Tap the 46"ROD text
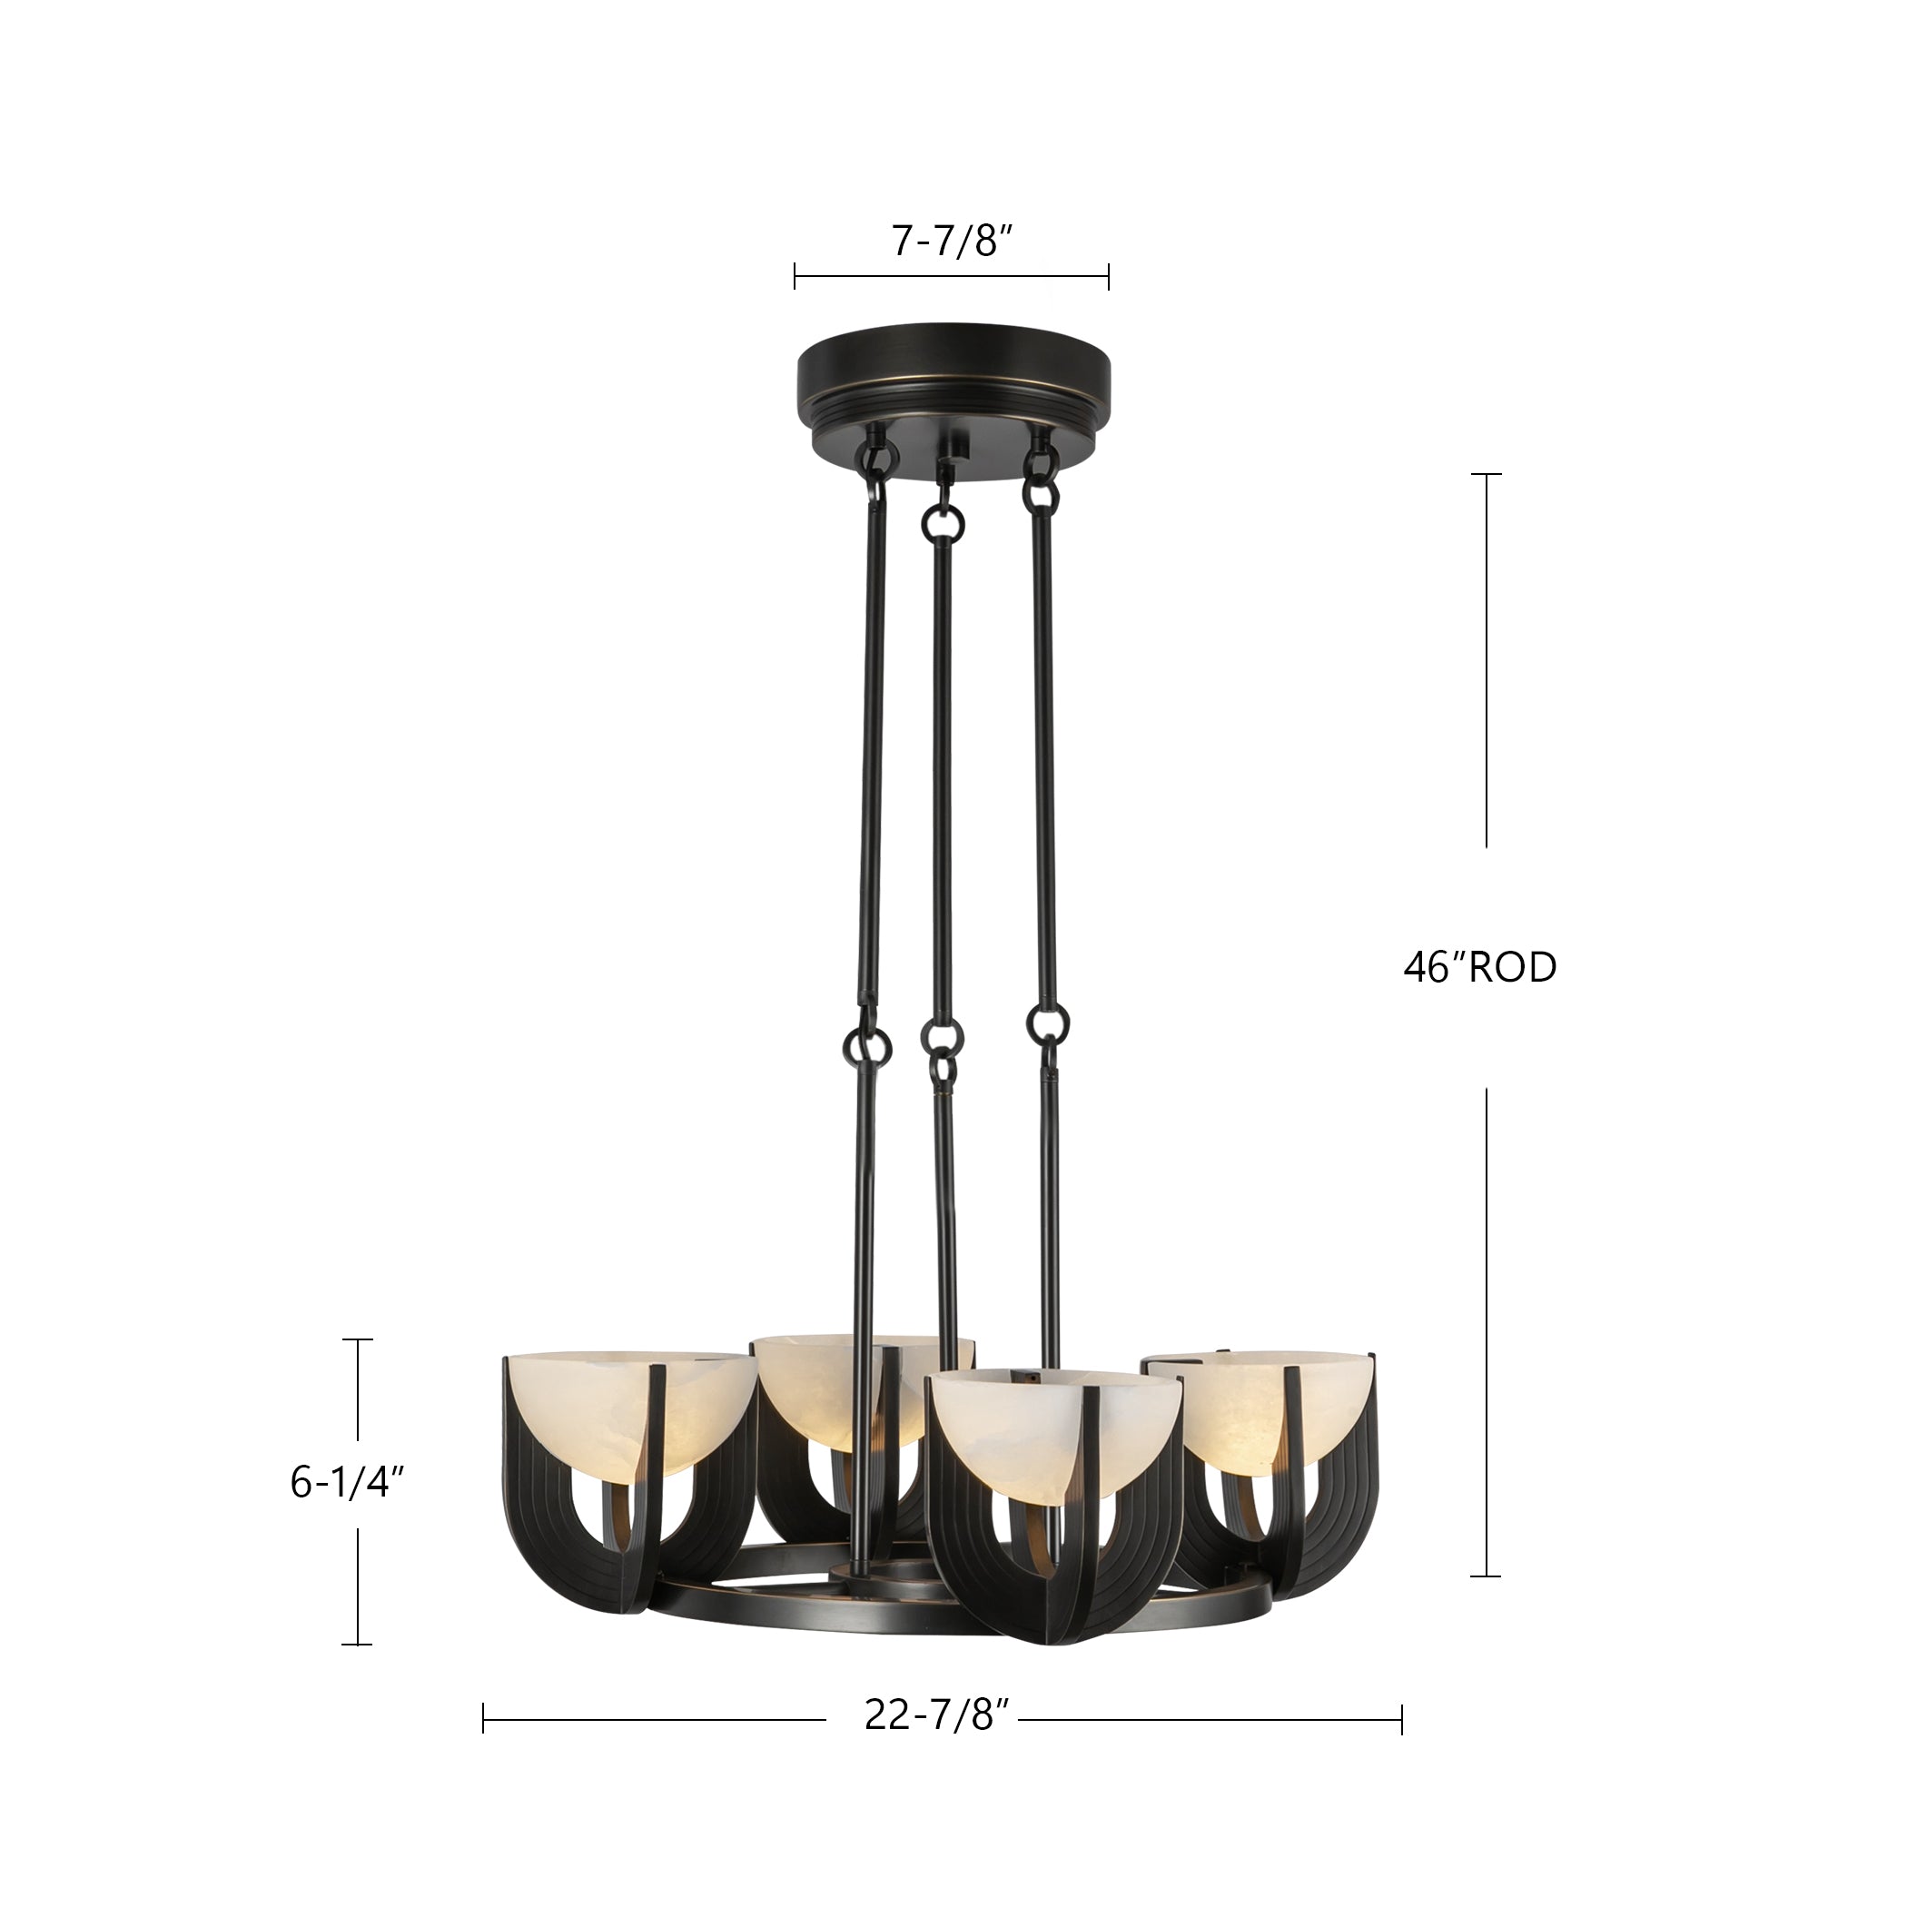pos(1478,968)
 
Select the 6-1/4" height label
pos(348,1484)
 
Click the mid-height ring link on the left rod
pos(865,1041)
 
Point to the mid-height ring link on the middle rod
pos(942,1038)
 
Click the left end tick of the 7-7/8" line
pos(795,276)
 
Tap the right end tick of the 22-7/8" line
pos(1401,1746)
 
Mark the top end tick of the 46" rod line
pos(1487,475)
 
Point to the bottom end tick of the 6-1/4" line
pos(357,1645)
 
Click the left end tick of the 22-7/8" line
pos(484,1746)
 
